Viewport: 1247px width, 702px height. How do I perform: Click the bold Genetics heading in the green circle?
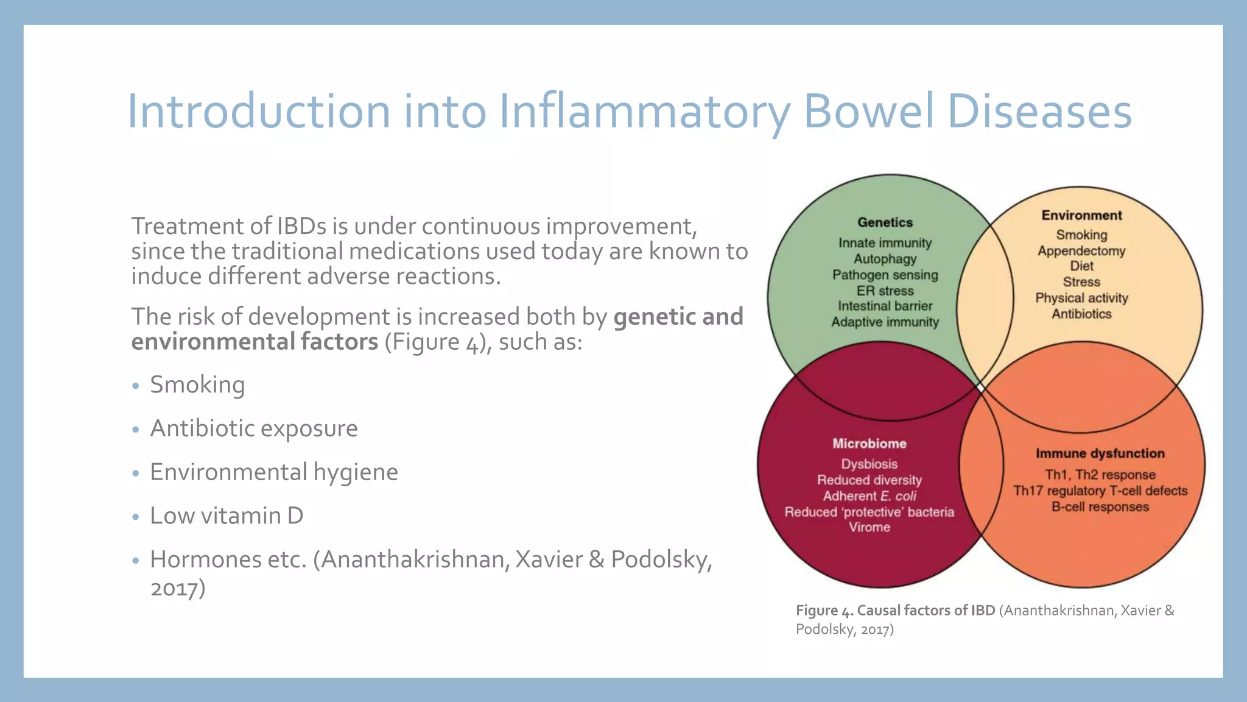[x=885, y=222]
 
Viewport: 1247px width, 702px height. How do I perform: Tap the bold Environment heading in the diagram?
[x=1081, y=215]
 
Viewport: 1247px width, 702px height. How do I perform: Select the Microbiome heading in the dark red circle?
[x=869, y=444]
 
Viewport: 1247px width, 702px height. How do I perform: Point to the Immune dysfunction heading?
[x=1100, y=453]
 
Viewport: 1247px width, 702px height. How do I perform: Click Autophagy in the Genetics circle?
[x=885, y=259]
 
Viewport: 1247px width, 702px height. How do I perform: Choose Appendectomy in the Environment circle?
[x=1081, y=250]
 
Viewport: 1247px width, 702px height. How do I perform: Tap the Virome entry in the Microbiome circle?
[x=869, y=527]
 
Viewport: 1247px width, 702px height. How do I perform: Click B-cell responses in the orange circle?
[x=1100, y=507]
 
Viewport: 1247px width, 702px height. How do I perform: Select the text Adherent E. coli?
[x=869, y=496]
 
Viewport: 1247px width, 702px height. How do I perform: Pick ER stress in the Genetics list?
[x=885, y=291]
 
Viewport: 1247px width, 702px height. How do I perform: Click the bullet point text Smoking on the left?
[x=197, y=385]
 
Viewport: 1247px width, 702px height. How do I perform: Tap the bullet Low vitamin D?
[x=227, y=516]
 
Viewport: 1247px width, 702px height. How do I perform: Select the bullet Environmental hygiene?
[x=274, y=472]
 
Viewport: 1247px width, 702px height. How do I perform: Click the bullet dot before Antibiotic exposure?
[x=136, y=430]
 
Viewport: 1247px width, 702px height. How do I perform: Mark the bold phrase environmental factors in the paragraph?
[x=255, y=342]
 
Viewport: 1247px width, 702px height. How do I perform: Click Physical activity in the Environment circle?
[x=1081, y=298]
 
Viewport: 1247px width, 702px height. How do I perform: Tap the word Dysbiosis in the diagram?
[x=869, y=464]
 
